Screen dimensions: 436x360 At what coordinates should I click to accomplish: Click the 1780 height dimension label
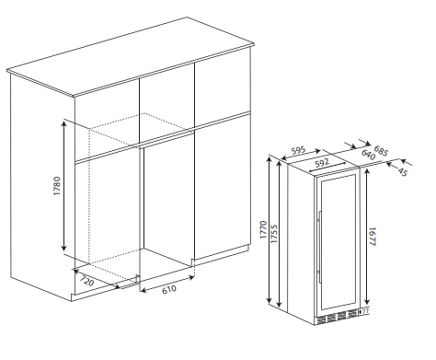point(57,186)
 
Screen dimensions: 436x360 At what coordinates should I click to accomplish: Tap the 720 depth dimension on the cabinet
point(86,281)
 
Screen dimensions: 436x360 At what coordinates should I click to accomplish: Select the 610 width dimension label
point(169,289)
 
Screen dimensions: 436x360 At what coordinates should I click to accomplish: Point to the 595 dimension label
point(299,150)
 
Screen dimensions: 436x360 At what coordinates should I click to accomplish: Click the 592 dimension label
point(322,162)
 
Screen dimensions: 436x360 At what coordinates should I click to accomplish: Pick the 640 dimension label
point(368,155)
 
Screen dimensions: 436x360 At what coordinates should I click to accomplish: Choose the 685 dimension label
point(381,151)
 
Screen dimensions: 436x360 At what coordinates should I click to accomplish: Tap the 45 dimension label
point(403,172)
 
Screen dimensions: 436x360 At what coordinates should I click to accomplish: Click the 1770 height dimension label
point(263,230)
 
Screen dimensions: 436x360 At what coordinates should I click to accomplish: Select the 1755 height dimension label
point(274,234)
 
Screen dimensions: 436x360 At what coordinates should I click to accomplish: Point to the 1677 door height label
point(372,237)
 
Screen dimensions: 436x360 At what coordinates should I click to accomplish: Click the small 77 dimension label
point(365,312)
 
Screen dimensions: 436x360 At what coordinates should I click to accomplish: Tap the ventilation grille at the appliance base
point(337,317)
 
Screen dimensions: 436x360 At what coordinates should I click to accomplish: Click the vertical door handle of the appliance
point(319,247)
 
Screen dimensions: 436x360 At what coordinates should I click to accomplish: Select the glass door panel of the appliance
point(338,242)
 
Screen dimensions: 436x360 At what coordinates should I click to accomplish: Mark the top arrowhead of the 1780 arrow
point(63,123)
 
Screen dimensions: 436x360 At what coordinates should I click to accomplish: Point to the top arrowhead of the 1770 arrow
point(270,159)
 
